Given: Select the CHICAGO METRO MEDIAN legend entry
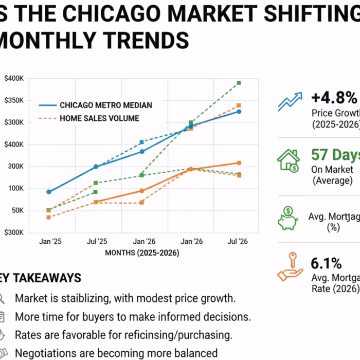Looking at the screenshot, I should coord(105,105).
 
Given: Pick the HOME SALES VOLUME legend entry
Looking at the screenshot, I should coord(99,118).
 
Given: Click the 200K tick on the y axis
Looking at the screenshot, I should coord(15,166).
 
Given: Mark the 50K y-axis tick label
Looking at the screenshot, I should coord(16,210).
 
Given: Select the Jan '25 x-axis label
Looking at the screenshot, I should coord(49,241).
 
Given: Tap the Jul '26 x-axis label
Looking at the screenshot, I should coord(239,241).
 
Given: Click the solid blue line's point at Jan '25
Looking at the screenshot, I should coord(49,192).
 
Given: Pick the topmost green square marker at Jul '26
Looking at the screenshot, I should coord(239,83).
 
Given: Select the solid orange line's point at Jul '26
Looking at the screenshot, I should coord(239,163).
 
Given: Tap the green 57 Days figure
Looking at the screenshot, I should coord(335,155).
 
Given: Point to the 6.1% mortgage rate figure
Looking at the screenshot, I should coord(326,264).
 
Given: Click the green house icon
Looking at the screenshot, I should coord(289,160).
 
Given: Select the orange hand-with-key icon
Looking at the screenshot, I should coord(290,267).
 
